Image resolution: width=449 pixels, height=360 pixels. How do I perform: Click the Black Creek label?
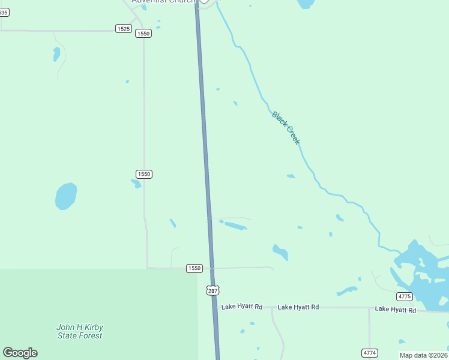(286, 127)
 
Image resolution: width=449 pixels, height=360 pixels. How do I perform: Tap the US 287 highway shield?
(212, 290)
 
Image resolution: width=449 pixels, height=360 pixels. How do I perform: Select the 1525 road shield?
(123, 29)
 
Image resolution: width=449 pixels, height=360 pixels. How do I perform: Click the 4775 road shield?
(405, 296)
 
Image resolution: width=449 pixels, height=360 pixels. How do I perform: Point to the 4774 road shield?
(370, 352)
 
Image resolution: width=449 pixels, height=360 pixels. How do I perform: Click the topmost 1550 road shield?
(143, 34)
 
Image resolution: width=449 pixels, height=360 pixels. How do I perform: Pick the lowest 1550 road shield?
(193, 268)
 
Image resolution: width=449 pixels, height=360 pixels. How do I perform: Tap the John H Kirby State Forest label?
(80, 331)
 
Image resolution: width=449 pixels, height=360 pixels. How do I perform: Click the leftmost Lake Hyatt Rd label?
(242, 307)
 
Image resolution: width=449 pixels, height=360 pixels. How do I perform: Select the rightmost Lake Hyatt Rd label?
(396, 310)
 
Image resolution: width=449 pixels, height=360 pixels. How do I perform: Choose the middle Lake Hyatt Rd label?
(298, 307)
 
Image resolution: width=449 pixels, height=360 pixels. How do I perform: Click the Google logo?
(20, 353)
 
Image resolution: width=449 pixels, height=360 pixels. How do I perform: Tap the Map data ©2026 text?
(424, 355)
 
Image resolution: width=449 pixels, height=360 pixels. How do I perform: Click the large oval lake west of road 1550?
(66, 196)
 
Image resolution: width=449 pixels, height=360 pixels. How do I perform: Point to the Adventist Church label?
(163, 2)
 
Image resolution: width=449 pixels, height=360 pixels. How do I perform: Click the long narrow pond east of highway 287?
(235, 226)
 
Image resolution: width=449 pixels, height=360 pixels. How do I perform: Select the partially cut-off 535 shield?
(3, 12)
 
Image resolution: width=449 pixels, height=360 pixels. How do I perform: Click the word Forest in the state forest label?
(89, 335)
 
